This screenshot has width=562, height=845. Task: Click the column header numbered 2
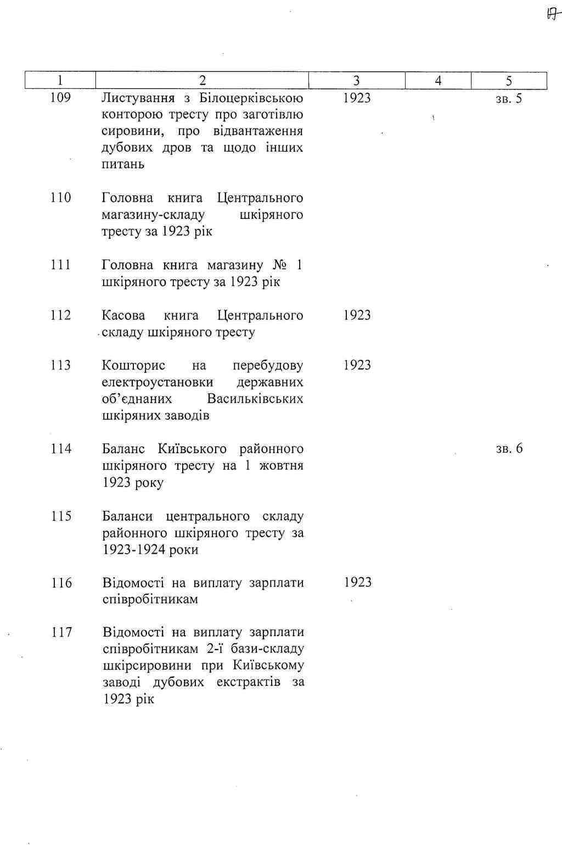click(202, 81)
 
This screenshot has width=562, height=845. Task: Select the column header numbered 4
click(438, 81)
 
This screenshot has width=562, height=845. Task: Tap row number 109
click(60, 98)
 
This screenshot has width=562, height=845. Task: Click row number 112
click(61, 315)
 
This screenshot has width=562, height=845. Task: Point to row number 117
click(62, 632)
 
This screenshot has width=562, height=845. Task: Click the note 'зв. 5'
click(509, 99)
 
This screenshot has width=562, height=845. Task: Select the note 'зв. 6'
click(509, 449)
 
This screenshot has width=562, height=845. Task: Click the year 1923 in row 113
click(357, 365)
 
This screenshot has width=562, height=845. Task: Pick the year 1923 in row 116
click(358, 582)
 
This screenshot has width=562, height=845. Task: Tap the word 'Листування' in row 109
click(138, 98)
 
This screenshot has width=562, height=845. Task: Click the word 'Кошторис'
click(133, 365)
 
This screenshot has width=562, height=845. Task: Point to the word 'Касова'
click(123, 316)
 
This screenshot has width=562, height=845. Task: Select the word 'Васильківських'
click(255, 399)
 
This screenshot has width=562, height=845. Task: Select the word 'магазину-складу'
click(153, 215)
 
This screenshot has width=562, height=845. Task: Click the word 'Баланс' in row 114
click(123, 449)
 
